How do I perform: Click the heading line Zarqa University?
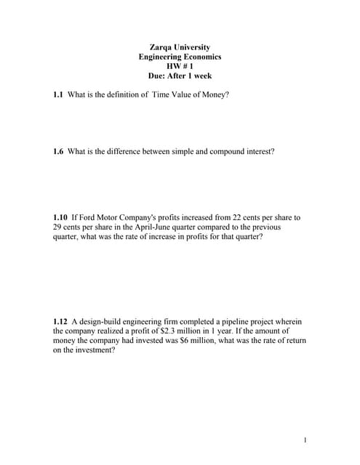tap(180, 47)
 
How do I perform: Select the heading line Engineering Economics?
tap(180, 57)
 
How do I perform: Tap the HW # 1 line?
tap(180, 66)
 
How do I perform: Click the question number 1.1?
tap(59, 95)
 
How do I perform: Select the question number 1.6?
tap(59, 152)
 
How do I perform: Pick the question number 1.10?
tap(61, 217)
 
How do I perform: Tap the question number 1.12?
tap(61, 321)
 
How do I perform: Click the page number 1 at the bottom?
tap(306, 440)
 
